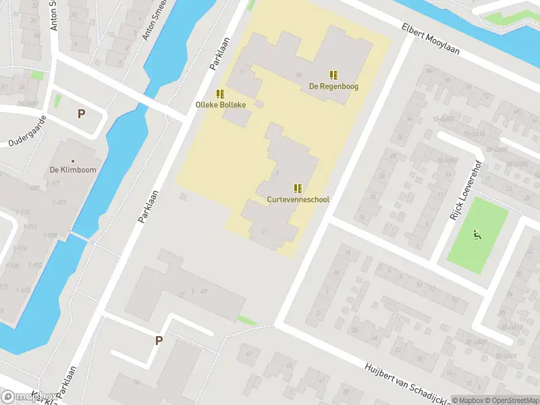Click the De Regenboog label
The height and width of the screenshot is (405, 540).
click(333, 86)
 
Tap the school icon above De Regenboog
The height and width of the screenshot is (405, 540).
click(333, 74)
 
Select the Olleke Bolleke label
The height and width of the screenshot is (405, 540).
click(221, 105)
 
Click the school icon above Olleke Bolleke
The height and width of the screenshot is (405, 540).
click(220, 93)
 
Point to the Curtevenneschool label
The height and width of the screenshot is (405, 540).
click(298, 200)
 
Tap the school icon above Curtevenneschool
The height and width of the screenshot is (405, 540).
click(298, 188)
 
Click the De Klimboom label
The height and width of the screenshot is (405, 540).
click(73, 170)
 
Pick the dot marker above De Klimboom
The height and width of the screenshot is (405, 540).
click(73, 161)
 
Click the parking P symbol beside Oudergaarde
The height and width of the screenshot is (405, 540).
click(81, 114)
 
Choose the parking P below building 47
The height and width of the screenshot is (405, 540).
click(159, 341)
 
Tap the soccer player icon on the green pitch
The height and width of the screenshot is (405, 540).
click(477, 236)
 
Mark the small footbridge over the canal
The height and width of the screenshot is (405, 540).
click(80, 237)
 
